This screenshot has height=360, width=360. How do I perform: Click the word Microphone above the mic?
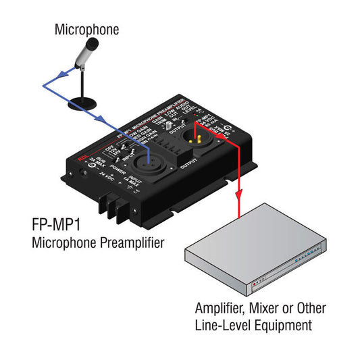[x=86, y=29]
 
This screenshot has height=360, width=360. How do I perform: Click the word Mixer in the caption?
[x=265, y=309]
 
